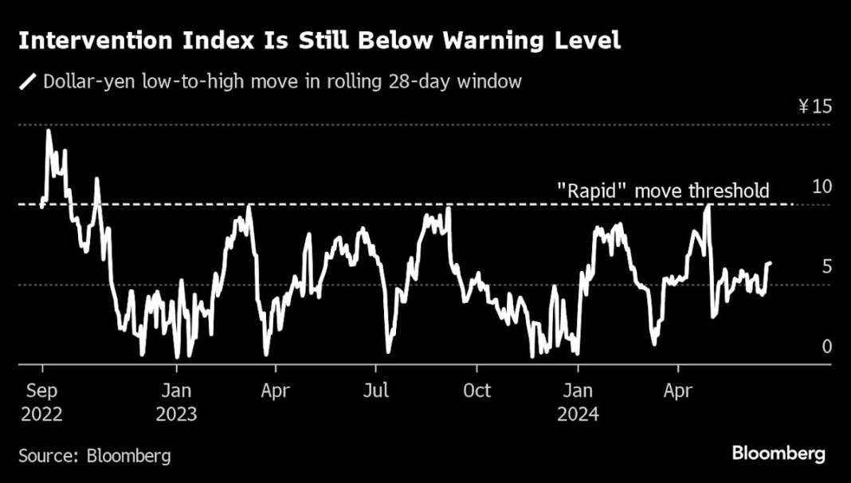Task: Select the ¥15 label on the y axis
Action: pyautogui.click(x=814, y=107)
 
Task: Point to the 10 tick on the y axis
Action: pyautogui.click(x=821, y=187)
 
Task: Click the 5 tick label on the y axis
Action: pyautogui.click(x=826, y=266)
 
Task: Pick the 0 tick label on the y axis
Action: pyautogui.click(x=826, y=346)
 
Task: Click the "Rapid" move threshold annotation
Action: pyautogui.click(x=662, y=190)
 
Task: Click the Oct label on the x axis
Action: pyautogui.click(x=476, y=391)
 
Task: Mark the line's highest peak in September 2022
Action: pyautogui.click(x=48, y=129)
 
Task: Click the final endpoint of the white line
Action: pyautogui.click(x=771, y=262)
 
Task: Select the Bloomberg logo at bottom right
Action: pyautogui.click(x=778, y=454)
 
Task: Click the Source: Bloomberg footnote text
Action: pyautogui.click(x=94, y=455)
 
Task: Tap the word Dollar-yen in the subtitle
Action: pyautogui.click(x=85, y=81)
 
